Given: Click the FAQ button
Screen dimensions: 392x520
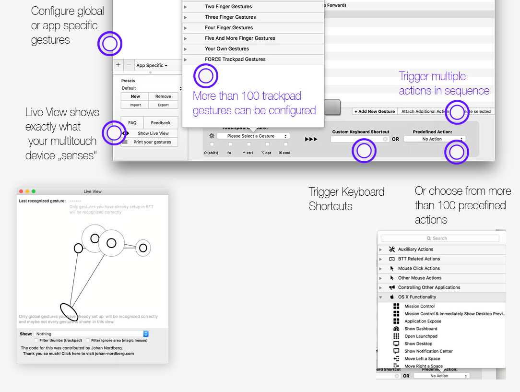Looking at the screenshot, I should (x=132, y=123).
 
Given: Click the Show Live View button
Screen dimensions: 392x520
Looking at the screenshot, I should (x=153, y=133).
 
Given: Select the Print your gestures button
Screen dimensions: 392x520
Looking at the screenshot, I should (x=152, y=142).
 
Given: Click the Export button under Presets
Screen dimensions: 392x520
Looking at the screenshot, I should (x=163, y=105).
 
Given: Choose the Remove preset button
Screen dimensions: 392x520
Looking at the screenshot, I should (x=163, y=96).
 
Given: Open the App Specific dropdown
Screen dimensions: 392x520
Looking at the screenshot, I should (x=152, y=65).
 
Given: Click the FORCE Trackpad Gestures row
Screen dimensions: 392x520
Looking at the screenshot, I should (x=235, y=59).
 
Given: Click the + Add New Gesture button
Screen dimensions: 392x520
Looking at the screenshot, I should (x=374, y=111).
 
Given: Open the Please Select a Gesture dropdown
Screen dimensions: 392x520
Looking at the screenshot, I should (x=253, y=136).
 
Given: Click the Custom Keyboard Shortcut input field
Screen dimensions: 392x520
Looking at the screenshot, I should (x=357, y=139).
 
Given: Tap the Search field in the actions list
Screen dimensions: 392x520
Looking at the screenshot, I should (x=439, y=238).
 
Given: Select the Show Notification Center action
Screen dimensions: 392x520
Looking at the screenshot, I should (x=428, y=351).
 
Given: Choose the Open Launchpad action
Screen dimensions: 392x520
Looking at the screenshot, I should (x=421, y=336).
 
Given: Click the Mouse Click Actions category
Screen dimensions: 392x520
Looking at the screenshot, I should (x=419, y=269).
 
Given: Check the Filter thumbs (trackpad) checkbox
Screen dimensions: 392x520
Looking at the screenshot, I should (x=36, y=340).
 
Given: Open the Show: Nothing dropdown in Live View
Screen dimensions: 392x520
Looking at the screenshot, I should (x=91, y=334).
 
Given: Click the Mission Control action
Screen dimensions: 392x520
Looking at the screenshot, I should (x=419, y=306).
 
